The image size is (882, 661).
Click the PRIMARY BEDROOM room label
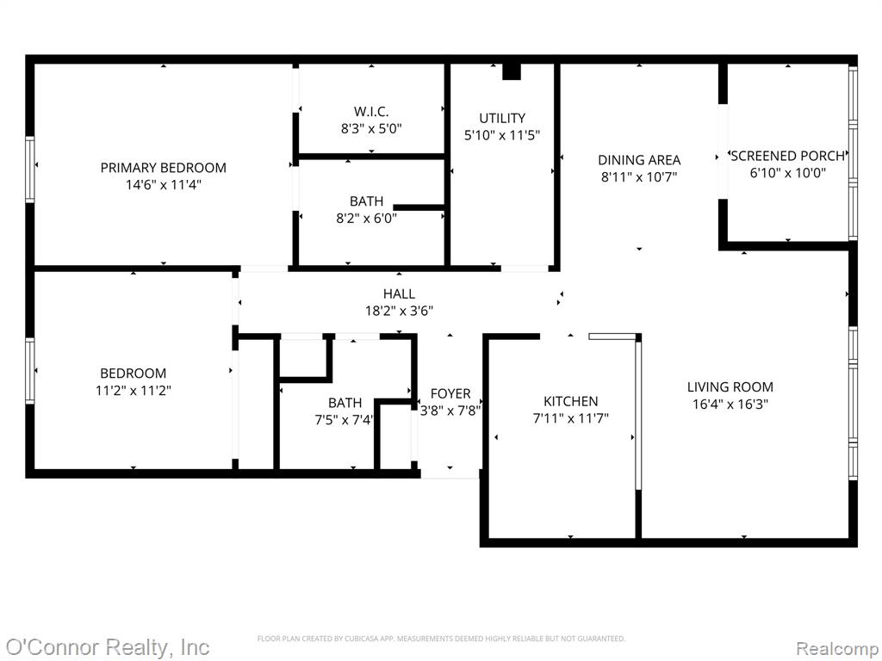coord(163,168)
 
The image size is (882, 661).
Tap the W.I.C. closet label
coord(371,111)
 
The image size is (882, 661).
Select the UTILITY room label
coord(502,118)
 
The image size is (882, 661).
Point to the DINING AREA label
coord(639,160)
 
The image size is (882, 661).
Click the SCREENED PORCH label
coord(787,156)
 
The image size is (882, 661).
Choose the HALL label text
coord(400,293)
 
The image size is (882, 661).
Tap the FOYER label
coord(450,393)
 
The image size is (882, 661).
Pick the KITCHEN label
coord(571,401)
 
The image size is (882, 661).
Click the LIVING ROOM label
coord(730,386)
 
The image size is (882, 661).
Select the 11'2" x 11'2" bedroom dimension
coord(134,390)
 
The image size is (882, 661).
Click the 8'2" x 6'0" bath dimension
coord(367,218)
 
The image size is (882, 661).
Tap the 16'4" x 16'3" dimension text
coord(730,404)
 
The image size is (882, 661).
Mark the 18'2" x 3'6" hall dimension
coord(400,310)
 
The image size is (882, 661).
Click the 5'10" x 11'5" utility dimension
coord(502,135)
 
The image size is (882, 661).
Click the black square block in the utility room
coord(512,71)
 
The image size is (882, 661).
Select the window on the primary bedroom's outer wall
coord(30,170)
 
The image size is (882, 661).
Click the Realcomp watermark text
coord(837,648)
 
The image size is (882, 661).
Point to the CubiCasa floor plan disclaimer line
coord(441,639)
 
